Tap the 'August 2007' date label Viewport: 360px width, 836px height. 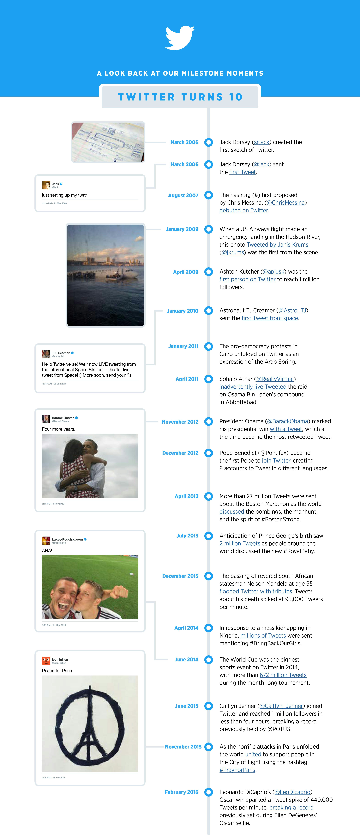tap(183, 195)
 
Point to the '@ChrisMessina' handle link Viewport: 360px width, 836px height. tap(286, 203)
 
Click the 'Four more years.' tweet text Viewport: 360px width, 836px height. tap(58, 429)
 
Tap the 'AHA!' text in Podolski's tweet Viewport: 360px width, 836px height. tap(47, 550)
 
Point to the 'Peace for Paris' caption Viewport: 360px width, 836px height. tap(57, 670)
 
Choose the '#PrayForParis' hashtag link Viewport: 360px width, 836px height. tap(237, 770)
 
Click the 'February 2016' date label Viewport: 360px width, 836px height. tap(181, 792)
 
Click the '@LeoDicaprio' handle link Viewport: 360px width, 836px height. tap(292, 792)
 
